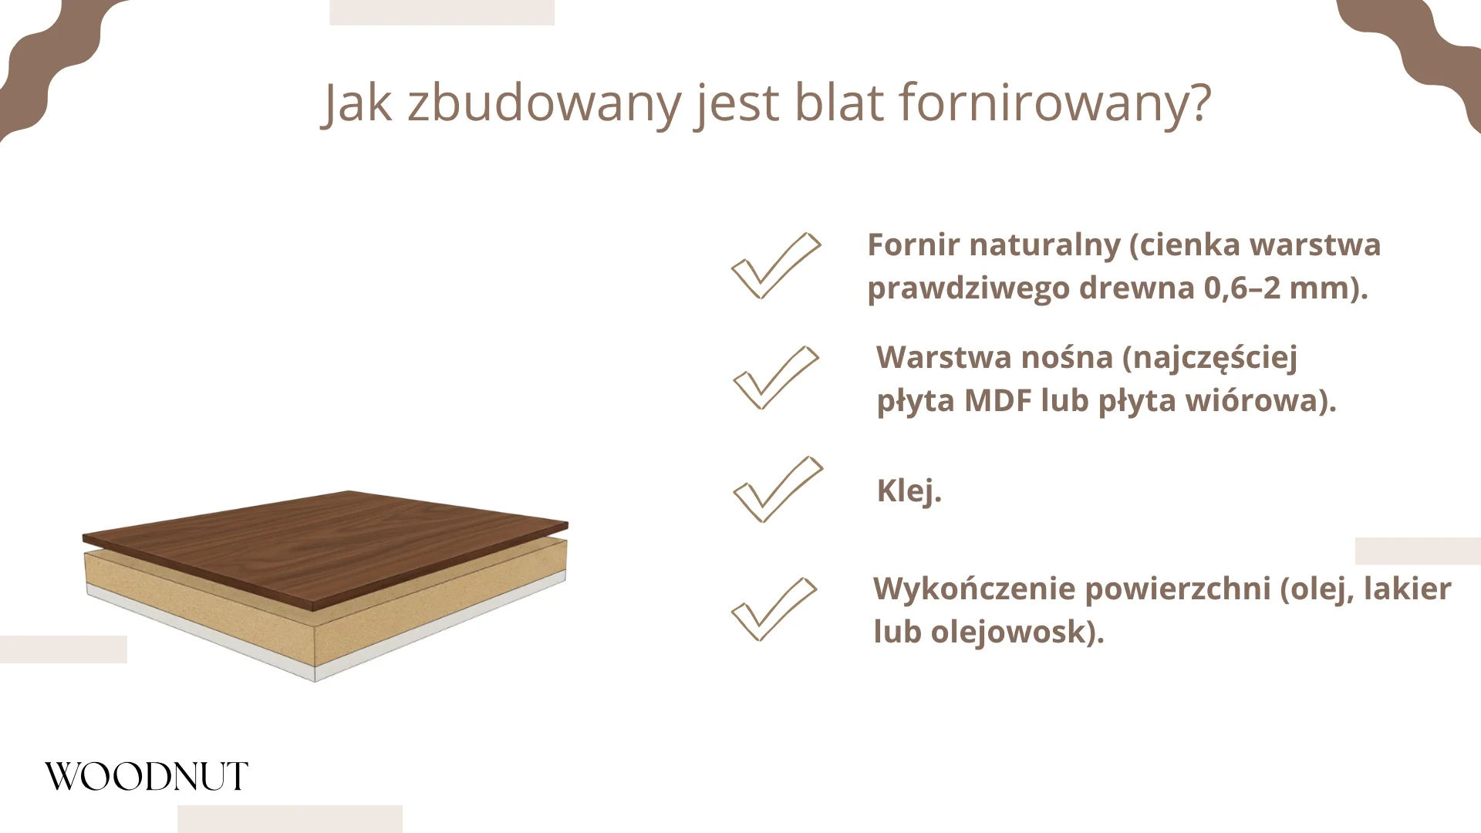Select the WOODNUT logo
tap(147, 777)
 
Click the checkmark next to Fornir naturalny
tap(774, 266)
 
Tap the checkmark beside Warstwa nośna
tap(774, 378)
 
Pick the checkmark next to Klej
tap(777, 490)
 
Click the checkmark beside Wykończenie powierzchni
tap(773, 609)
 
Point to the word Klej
tap(909, 491)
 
